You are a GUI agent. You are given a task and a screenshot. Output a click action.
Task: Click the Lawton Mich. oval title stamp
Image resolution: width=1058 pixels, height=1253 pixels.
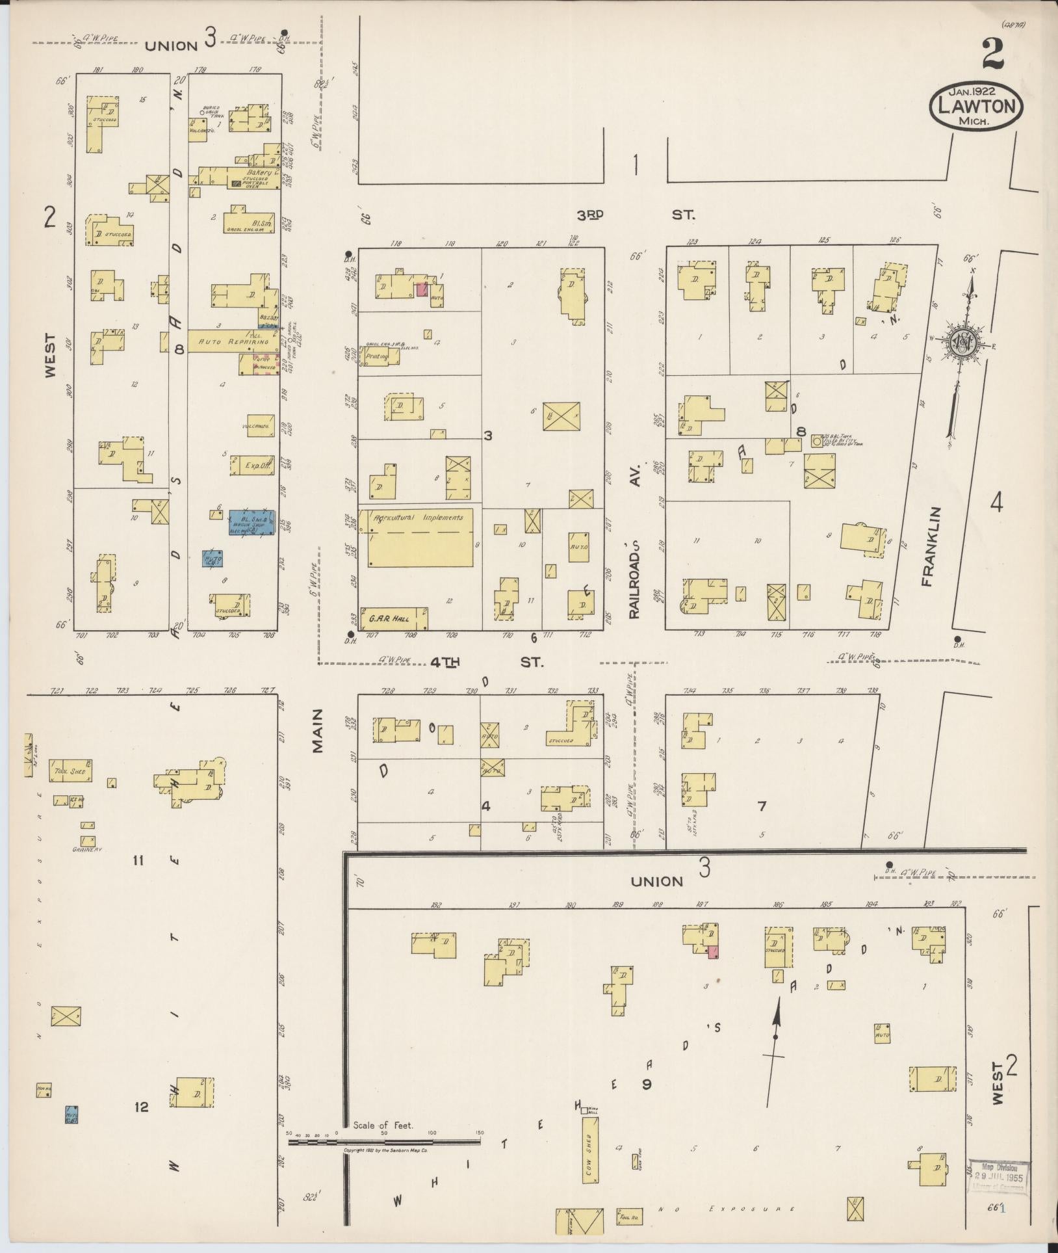pyautogui.click(x=977, y=105)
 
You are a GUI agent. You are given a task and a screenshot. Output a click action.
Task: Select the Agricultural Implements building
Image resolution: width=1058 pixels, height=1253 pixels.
pyautogui.click(x=420, y=537)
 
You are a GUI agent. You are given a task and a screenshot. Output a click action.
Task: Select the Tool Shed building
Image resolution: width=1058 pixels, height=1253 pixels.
pyautogui.click(x=71, y=770)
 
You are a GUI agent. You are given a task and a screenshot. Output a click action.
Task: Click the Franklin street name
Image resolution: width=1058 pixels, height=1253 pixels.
pyautogui.click(x=925, y=546)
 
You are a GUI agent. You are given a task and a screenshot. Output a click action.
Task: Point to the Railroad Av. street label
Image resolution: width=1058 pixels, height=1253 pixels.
pyautogui.click(x=635, y=540)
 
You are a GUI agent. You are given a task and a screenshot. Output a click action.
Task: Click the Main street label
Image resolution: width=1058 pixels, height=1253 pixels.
pyautogui.click(x=317, y=739)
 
